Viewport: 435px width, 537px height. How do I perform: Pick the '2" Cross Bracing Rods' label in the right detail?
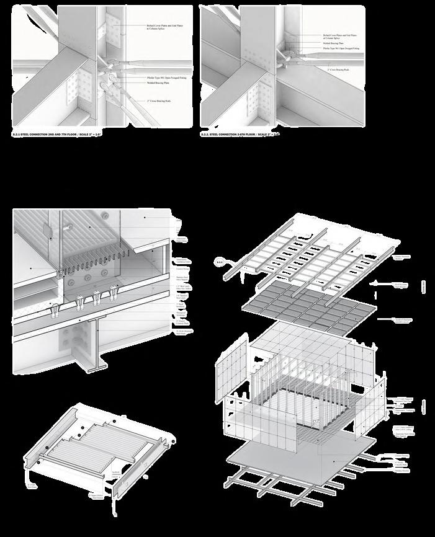coord(339,69)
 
